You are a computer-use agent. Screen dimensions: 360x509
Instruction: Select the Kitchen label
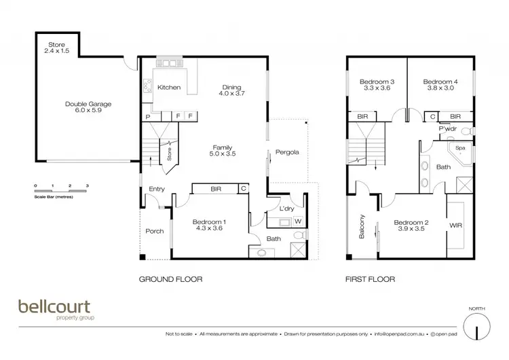click(x=168, y=88)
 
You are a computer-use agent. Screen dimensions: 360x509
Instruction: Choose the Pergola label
click(x=287, y=152)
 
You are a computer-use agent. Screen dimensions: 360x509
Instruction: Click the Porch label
click(x=155, y=231)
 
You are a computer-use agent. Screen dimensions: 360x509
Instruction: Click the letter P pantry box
click(x=147, y=117)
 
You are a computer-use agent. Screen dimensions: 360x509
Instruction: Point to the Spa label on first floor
click(x=459, y=147)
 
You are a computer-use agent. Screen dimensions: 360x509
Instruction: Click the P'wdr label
click(x=448, y=128)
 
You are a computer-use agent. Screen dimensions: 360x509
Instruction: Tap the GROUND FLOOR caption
click(x=170, y=279)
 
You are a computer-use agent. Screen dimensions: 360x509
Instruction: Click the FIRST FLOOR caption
click(x=371, y=279)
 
